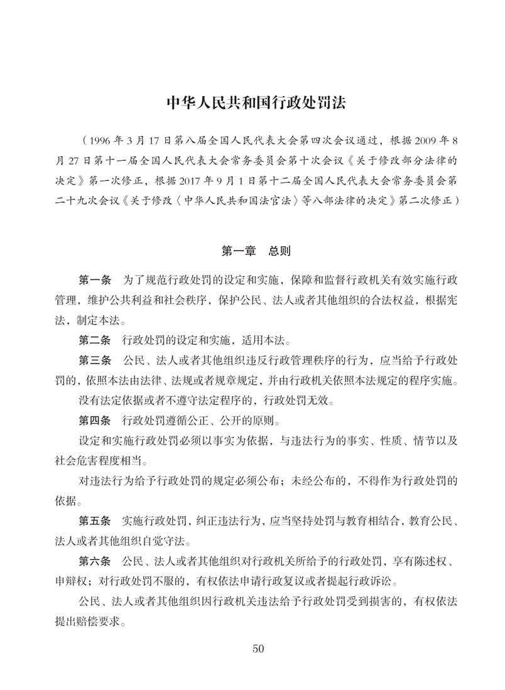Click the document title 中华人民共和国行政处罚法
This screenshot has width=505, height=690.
252,102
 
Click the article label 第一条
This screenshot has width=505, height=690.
94,278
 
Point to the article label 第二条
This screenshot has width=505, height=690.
94,342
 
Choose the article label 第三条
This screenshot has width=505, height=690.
94,362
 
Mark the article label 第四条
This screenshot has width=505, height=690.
94,420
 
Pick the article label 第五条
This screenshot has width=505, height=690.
94,521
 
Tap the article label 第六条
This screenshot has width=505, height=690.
94,560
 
